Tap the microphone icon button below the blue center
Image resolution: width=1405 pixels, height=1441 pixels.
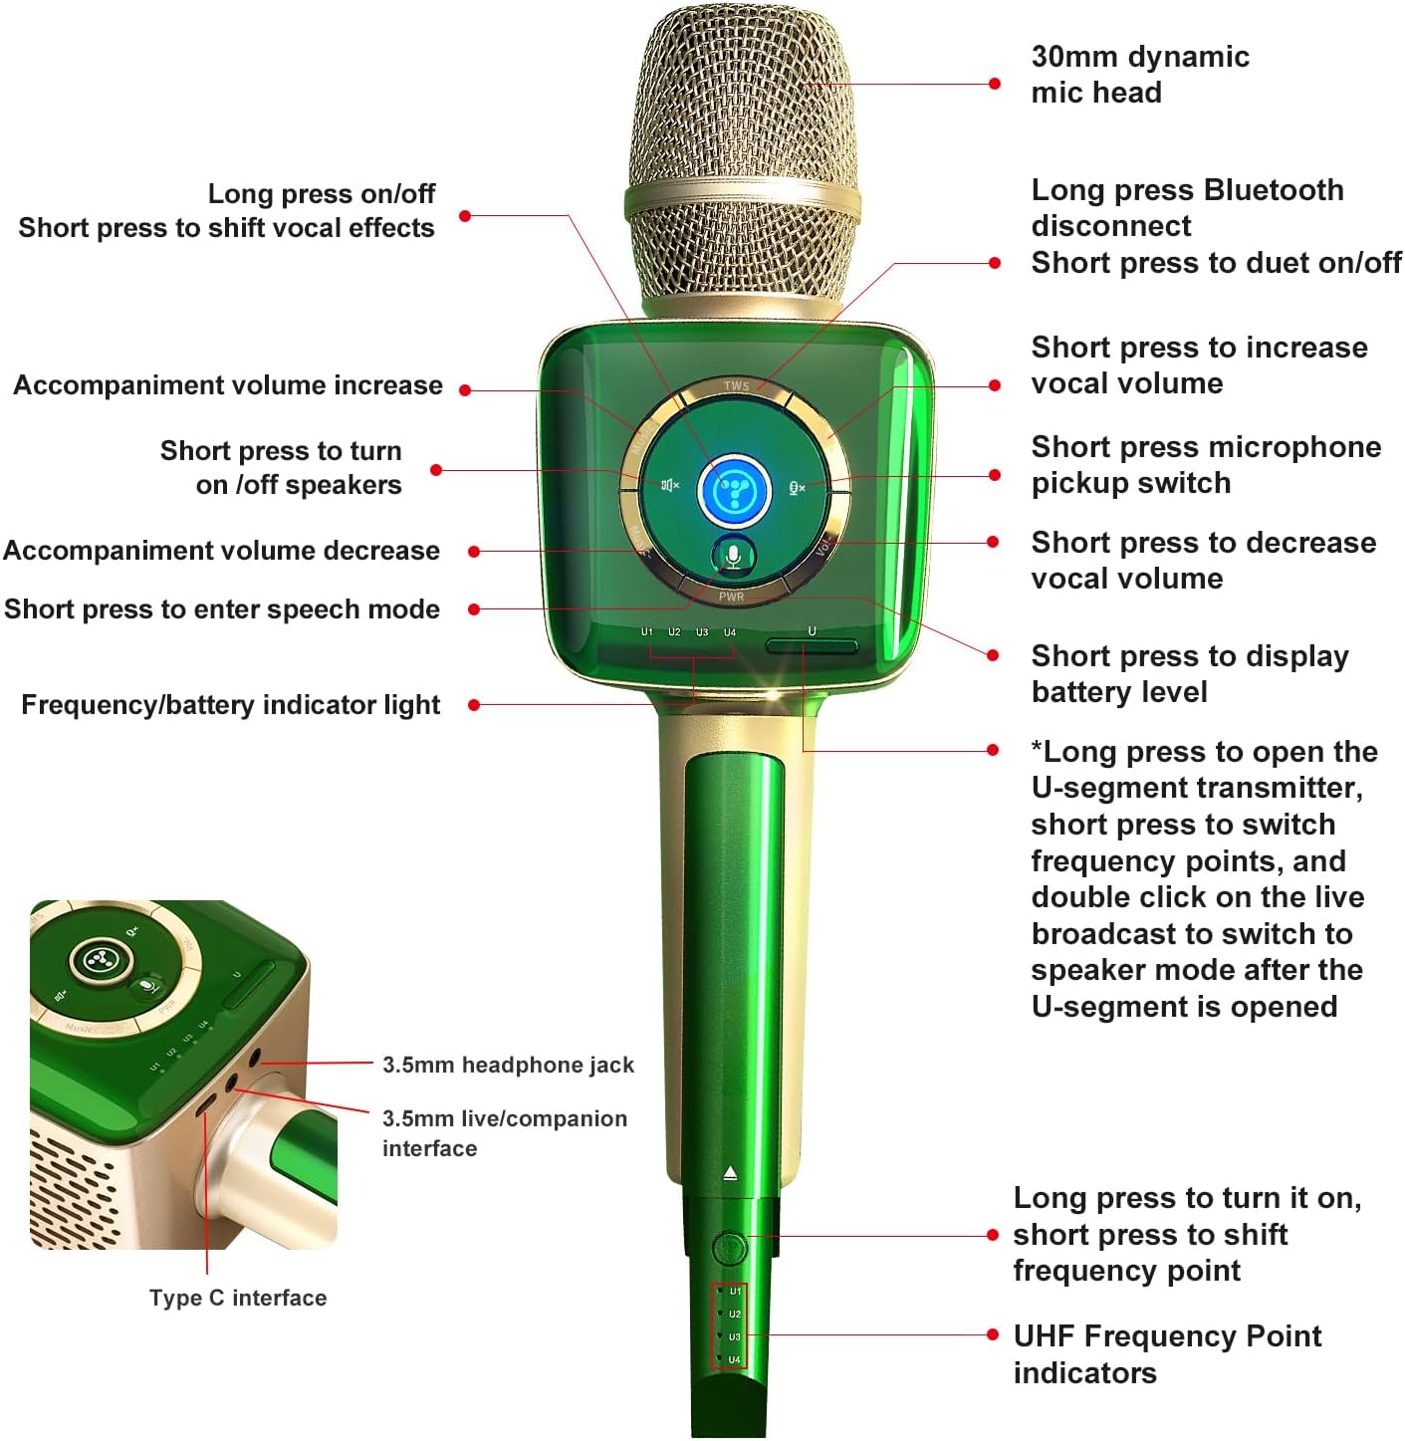pyautogui.click(x=734, y=557)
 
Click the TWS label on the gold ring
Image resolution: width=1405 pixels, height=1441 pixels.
pyautogui.click(x=736, y=386)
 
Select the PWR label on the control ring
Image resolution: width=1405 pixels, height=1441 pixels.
pyautogui.click(x=731, y=597)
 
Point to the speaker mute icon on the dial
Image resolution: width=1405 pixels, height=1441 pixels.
pyautogui.click(x=670, y=485)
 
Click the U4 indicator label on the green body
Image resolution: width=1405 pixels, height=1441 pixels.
pyautogui.click(x=730, y=632)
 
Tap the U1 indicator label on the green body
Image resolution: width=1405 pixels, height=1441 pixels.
pyautogui.click(x=647, y=632)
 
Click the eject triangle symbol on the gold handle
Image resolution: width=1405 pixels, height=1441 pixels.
pyautogui.click(x=730, y=1173)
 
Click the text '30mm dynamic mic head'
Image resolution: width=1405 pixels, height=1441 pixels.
pyautogui.click(x=1139, y=75)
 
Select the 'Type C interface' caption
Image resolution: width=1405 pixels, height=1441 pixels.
pyautogui.click(x=238, y=1298)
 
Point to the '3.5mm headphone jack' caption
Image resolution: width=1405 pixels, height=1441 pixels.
pyautogui.click(x=508, y=1065)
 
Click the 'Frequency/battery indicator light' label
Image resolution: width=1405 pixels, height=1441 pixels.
pyautogui.click(x=230, y=705)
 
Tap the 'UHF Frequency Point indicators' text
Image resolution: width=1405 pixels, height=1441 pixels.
pyautogui.click(x=1166, y=1353)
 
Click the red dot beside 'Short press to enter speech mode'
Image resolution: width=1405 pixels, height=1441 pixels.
pyautogui.click(x=474, y=609)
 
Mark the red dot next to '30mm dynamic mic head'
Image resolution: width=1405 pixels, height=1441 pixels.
pyautogui.click(x=994, y=84)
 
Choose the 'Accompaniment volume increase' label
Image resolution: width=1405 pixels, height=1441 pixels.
pyautogui.click(x=228, y=385)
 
